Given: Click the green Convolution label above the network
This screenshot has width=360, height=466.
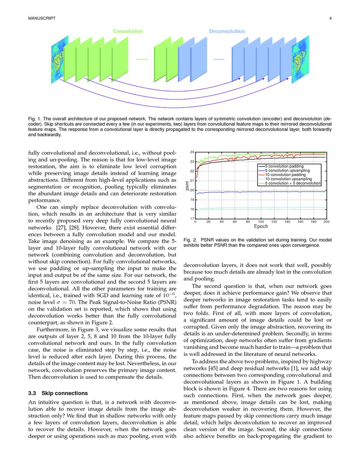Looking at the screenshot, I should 127,31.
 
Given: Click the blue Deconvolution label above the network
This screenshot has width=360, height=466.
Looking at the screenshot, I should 227,31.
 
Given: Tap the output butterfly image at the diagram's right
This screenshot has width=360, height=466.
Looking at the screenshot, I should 300,59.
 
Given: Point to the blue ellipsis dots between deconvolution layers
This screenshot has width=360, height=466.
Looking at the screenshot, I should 219,60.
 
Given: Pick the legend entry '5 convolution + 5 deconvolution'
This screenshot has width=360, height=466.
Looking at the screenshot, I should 292,183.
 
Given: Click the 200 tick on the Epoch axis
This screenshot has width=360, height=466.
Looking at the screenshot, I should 326,222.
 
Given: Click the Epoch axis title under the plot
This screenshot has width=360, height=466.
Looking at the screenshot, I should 261,227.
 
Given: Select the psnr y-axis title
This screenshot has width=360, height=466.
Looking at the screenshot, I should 186,185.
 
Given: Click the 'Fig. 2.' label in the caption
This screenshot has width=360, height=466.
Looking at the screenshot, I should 191,240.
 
